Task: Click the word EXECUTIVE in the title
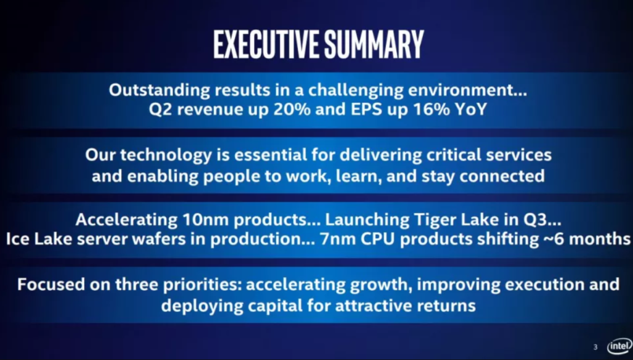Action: [x=261, y=44]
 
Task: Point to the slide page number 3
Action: [x=595, y=347]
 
